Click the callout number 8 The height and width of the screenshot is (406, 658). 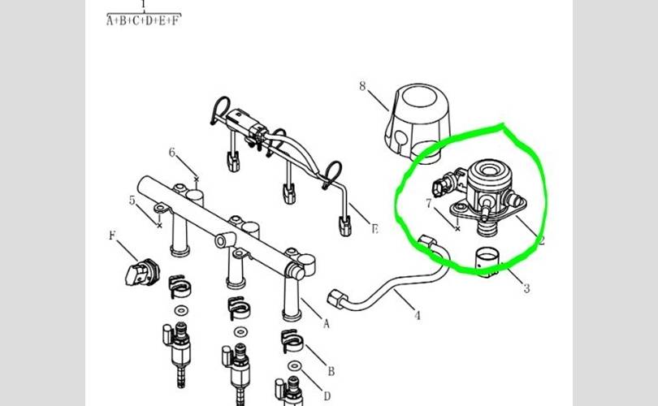[x=362, y=86]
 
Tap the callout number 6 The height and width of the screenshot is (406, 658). [x=172, y=153]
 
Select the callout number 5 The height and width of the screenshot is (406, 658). [x=132, y=201]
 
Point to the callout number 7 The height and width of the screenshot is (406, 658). [x=428, y=204]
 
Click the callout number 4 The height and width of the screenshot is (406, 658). [x=417, y=315]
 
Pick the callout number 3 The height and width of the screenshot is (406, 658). [x=526, y=288]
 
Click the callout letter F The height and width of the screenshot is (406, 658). [x=112, y=235]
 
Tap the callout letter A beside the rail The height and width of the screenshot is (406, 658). [x=326, y=323]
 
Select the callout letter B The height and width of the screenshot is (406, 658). [x=331, y=371]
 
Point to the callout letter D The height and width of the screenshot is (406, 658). [x=327, y=396]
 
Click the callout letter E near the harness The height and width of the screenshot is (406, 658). [x=374, y=229]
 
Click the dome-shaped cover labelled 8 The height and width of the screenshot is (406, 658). [x=417, y=122]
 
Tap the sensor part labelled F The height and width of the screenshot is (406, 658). [x=142, y=272]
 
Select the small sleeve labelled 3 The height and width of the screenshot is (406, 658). [x=487, y=262]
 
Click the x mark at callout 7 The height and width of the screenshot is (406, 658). [x=457, y=229]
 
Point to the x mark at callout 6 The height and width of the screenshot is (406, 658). [x=197, y=179]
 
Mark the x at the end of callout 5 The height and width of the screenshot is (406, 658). [x=159, y=226]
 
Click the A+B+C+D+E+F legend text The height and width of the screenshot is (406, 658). [x=144, y=20]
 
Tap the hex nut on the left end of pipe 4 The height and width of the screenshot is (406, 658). [x=337, y=298]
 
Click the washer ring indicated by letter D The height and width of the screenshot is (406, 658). [x=295, y=366]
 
